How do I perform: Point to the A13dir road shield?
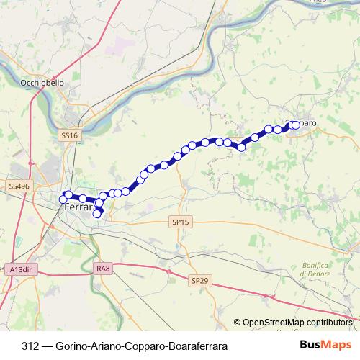coord(22,269)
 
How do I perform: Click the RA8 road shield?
coord(103,269)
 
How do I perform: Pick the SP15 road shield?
coord(180,222)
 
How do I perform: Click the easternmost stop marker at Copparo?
coord(295,125)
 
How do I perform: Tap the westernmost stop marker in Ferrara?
coord(63,199)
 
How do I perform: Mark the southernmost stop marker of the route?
coord(97,213)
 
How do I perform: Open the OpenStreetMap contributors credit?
coord(296,323)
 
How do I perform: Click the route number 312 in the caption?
coord(30,346)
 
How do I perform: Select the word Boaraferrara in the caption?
coord(197,346)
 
